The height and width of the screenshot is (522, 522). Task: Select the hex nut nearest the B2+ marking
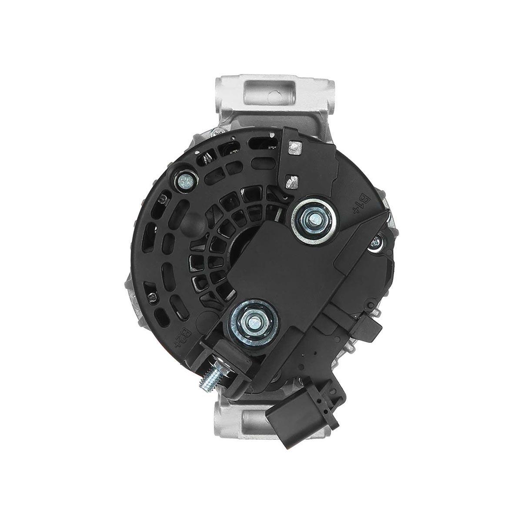click(x=254, y=322)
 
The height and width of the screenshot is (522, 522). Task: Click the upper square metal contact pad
click(x=295, y=148)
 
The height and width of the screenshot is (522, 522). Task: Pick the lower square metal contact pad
click(x=292, y=181)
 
